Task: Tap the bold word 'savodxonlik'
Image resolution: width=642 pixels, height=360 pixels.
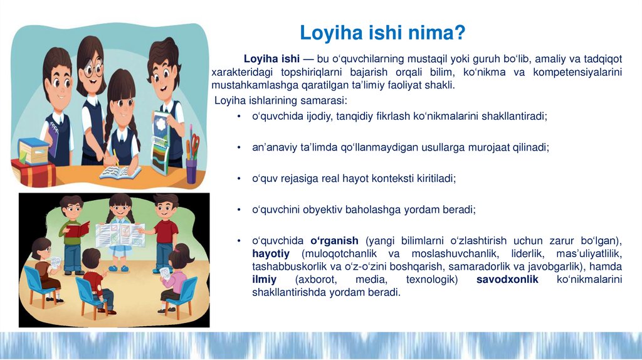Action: pos(507,280)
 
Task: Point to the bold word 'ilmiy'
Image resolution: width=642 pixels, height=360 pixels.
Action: pos(264,280)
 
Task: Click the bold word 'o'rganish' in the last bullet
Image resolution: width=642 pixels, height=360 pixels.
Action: pos(335,241)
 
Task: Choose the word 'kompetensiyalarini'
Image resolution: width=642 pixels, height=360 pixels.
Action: pos(577,72)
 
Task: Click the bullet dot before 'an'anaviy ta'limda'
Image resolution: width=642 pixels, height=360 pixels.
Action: pos(239,147)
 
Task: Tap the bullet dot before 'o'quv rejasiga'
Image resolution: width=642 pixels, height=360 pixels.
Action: pos(239,179)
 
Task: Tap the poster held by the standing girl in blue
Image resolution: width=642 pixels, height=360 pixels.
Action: pos(119,235)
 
